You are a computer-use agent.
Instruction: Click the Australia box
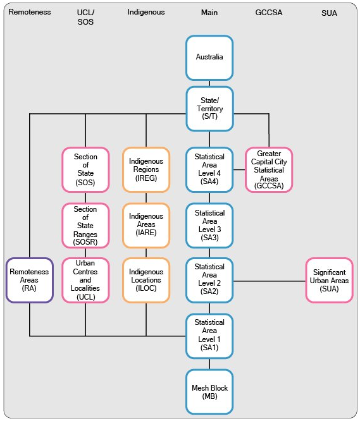click(x=209, y=58)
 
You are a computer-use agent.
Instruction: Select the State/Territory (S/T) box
click(x=209, y=109)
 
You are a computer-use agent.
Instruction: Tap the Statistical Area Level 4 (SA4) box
click(x=209, y=169)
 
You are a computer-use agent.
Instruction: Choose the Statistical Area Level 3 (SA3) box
click(x=209, y=225)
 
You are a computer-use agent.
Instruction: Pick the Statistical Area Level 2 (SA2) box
click(x=209, y=279)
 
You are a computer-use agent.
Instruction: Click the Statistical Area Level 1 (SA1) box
click(x=209, y=335)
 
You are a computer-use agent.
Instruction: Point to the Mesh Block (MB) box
click(x=209, y=392)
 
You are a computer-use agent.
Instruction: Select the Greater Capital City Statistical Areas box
click(x=269, y=169)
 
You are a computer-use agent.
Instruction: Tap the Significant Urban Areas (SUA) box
click(x=329, y=280)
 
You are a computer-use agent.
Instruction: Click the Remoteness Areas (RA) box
click(x=29, y=280)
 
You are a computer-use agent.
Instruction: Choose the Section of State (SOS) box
click(x=85, y=169)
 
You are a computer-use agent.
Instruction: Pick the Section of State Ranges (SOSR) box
click(x=85, y=225)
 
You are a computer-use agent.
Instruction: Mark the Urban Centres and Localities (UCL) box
click(x=85, y=279)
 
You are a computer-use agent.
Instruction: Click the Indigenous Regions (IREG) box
click(x=146, y=169)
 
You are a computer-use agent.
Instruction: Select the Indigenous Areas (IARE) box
click(x=146, y=225)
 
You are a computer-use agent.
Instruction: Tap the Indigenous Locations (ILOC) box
click(x=146, y=279)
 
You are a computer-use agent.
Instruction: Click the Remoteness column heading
click(x=29, y=12)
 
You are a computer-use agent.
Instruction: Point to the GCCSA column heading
click(x=269, y=12)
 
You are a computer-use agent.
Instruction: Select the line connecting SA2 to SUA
click(x=269, y=280)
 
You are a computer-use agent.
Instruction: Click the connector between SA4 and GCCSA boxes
click(x=239, y=169)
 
